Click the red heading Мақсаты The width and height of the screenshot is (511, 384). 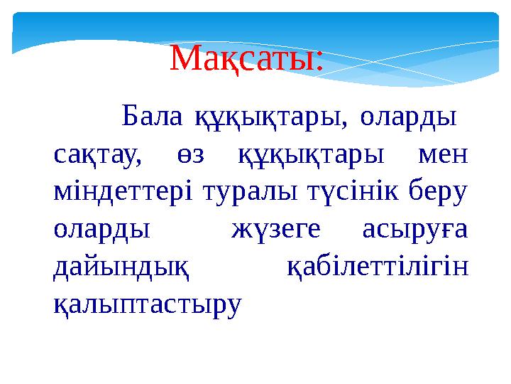coord(246,59)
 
